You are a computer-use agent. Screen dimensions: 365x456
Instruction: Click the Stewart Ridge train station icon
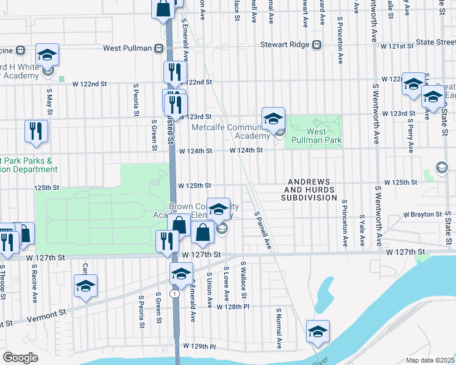coord(316,44)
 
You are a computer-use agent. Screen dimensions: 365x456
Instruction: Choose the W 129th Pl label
coord(202,346)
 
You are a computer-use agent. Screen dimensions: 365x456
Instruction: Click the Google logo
coord(20,358)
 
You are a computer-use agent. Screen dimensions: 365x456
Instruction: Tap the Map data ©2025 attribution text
coord(430,360)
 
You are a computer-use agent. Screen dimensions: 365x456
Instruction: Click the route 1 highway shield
coord(175,293)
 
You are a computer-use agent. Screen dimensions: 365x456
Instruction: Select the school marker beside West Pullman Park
coord(274,119)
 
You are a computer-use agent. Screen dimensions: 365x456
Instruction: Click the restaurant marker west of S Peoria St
coord(36,132)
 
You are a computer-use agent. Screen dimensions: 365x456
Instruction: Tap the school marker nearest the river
coord(318,332)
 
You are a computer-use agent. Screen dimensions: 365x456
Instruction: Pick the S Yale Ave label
coord(362,230)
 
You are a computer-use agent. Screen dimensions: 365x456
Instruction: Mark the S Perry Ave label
coord(410,135)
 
